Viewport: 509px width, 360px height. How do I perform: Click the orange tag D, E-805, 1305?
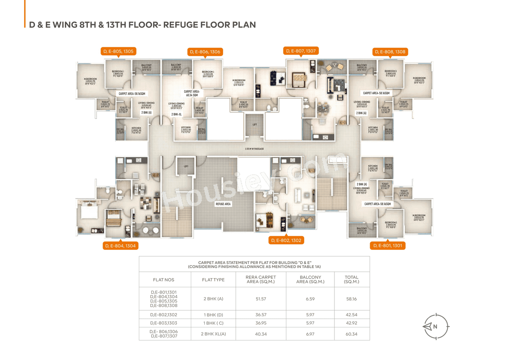[x=118, y=51]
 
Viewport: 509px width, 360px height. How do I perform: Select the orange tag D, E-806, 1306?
[x=205, y=52]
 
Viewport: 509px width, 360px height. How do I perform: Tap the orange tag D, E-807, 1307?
[x=301, y=51]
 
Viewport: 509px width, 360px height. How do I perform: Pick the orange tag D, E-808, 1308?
[x=390, y=52]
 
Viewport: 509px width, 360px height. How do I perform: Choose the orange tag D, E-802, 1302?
[x=286, y=240]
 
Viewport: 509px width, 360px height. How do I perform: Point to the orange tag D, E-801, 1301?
[x=388, y=246]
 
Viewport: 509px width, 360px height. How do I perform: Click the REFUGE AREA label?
[x=223, y=204]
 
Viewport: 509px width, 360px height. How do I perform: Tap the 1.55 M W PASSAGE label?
[x=254, y=149]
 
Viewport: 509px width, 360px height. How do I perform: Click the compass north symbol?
[x=435, y=327]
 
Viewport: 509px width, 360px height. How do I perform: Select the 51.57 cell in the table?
[x=261, y=299]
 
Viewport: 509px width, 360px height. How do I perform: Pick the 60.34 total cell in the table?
[x=352, y=334]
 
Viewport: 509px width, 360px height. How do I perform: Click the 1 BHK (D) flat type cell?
[x=213, y=315]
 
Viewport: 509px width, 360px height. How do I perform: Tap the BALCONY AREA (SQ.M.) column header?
[x=311, y=280]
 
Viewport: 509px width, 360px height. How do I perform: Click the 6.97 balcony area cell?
[x=311, y=334]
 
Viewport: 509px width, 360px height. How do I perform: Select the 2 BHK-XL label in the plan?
[x=177, y=114]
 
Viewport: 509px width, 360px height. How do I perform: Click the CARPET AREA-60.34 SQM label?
[x=193, y=93]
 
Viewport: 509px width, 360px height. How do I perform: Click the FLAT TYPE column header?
[x=213, y=280]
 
